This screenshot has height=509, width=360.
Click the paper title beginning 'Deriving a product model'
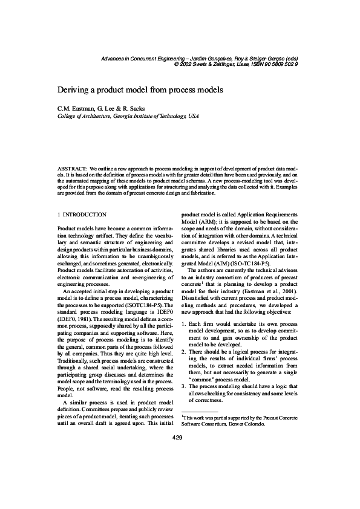[x=140, y=89]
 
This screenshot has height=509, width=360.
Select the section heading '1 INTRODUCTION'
[x=82, y=214]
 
